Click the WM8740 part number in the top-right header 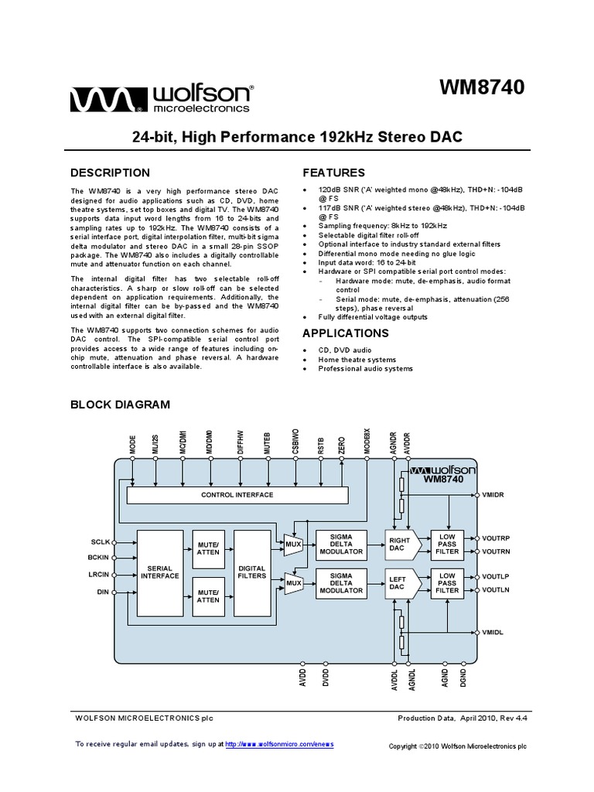(482, 88)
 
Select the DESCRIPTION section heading (111, 172)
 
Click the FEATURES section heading (333, 172)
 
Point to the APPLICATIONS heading (345, 333)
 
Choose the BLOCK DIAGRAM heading (120, 404)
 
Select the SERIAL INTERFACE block (160, 572)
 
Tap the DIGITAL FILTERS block (251, 572)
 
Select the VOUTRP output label (497, 537)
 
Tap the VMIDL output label (493, 632)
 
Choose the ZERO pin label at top (341, 445)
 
